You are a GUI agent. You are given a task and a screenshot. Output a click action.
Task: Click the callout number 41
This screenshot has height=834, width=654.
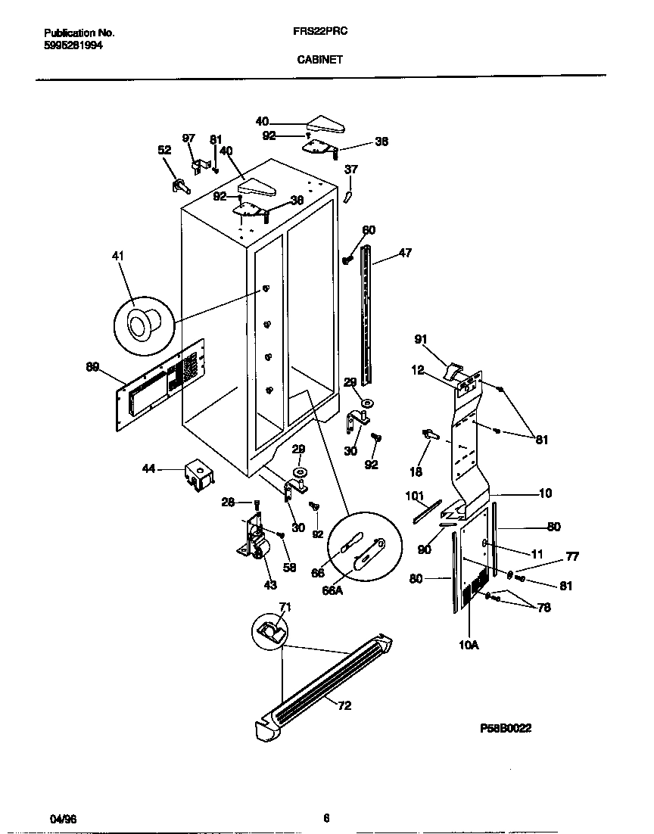[x=117, y=257]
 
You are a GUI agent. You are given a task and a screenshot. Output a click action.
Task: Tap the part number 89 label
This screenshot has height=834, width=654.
[x=92, y=367]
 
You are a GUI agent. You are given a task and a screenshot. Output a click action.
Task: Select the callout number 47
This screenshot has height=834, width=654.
[x=405, y=253]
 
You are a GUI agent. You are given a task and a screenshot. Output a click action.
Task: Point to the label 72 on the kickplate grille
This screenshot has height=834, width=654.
[x=344, y=706]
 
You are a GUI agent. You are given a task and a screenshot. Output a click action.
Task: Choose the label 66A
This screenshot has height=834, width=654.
[x=333, y=590]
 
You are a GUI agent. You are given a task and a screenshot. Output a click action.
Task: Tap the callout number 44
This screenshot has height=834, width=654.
[x=148, y=469]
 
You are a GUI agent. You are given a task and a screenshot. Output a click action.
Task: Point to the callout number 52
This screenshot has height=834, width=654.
[x=164, y=151]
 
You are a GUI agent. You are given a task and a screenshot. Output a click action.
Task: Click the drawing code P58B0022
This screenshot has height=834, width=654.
[x=506, y=728]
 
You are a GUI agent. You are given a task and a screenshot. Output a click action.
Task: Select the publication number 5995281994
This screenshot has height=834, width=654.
[x=73, y=45]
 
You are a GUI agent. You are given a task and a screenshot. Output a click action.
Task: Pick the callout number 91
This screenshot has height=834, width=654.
[x=421, y=339]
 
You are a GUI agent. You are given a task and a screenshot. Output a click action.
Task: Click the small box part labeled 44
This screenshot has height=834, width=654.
[x=198, y=475]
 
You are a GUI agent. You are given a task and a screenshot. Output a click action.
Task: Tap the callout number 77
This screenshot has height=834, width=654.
[x=572, y=557]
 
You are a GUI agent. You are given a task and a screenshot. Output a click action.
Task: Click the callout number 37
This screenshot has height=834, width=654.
[x=351, y=169]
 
